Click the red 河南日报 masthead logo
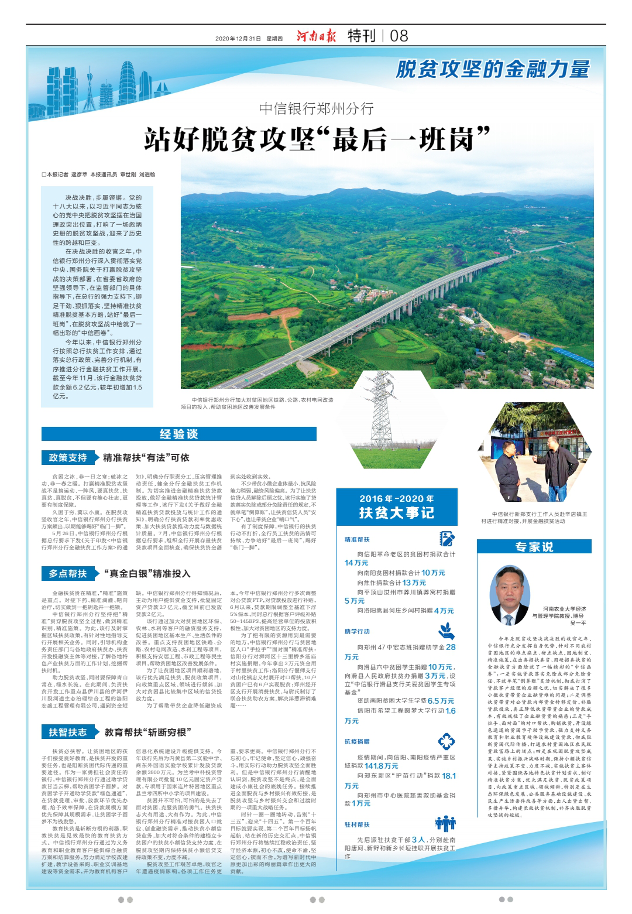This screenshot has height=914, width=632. [x=316, y=36]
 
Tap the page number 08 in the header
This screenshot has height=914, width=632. [x=399, y=36]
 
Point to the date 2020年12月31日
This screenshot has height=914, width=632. [x=238, y=39]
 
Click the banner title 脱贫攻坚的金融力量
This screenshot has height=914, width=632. [x=493, y=70]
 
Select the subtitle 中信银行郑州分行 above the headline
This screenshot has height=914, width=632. [x=316, y=109]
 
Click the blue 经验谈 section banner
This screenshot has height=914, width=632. [x=179, y=434]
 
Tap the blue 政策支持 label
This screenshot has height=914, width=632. [x=68, y=457]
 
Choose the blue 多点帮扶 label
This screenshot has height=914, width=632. [x=68, y=573]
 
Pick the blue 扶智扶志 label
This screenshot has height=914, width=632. [x=68, y=732]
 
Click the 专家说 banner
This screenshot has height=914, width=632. [x=534, y=547]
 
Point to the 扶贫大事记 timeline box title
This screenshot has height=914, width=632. [x=396, y=513]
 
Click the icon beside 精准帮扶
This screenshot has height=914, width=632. [x=447, y=539]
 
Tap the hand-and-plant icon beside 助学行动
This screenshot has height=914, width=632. [x=446, y=631]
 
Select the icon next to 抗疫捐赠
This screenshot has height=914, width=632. [x=446, y=741]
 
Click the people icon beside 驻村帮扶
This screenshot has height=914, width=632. [x=445, y=823]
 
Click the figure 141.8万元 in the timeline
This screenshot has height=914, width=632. [x=382, y=766]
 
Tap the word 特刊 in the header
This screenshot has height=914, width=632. [x=361, y=36]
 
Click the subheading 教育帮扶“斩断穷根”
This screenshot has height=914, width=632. [x=148, y=732]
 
